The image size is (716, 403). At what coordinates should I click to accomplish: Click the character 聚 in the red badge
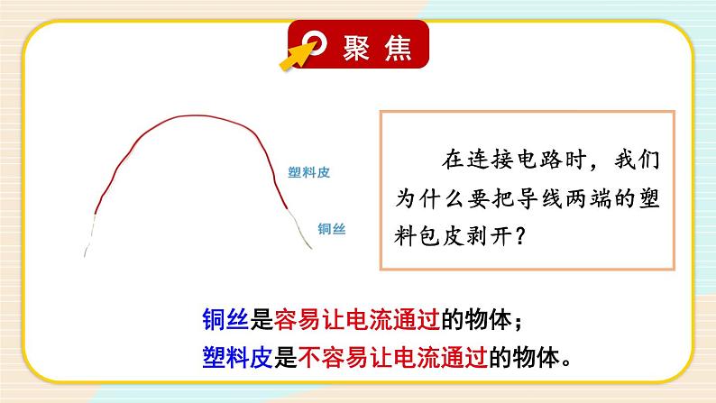(x=356, y=48)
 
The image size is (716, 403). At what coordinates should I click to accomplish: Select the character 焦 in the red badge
(x=398, y=48)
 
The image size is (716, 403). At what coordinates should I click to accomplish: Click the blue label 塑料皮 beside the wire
(x=308, y=172)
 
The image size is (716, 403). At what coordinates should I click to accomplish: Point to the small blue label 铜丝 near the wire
(x=332, y=229)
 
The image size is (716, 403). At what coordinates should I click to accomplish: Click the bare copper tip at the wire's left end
(x=89, y=236)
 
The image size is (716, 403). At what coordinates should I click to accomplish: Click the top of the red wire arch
(x=196, y=116)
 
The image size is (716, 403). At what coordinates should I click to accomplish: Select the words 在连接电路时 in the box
(x=514, y=160)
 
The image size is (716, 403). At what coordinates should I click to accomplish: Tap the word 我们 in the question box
(x=637, y=160)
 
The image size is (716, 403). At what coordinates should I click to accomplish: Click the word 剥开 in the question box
(x=488, y=236)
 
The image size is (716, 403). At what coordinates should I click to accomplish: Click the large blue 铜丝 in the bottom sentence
(x=225, y=319)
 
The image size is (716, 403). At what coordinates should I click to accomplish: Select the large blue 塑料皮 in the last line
(x=237, y=357)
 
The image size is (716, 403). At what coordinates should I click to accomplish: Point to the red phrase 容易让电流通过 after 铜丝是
(x=357, y=319)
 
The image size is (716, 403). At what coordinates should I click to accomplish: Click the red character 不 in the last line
(x=309, y=357)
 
